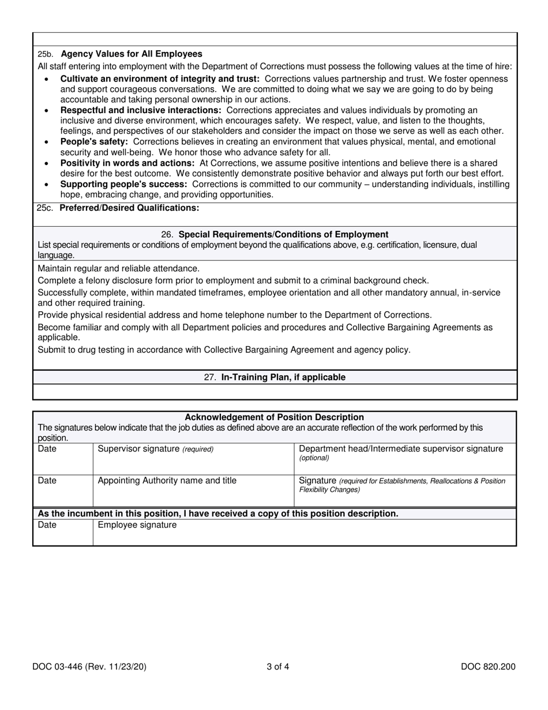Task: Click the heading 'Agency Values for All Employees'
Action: click(x=132, y=54)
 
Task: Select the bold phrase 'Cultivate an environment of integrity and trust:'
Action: click(x=160, y=79)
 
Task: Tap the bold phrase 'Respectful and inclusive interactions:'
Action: click(x=141, y=110)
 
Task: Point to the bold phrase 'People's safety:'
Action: click(x=94, y=141)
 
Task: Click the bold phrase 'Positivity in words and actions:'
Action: click(x=127, y=163)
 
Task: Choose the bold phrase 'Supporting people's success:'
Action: click(x=123, y=184)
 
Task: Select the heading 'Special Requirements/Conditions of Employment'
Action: click(x=283, y=234)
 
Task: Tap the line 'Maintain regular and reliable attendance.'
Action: click(x=119, y=268)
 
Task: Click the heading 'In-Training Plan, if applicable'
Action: click(x=283, y=377)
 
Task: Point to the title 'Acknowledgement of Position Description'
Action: click(x=274, y=417)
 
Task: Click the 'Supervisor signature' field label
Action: click(x=138, y=449)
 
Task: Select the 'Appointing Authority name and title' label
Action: click(x=167, y=480)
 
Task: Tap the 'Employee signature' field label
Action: click(x=137, y=525)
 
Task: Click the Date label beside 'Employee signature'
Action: click(x=47, y=525)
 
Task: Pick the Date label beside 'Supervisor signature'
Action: click(x=47, y=449)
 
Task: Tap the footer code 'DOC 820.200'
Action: click(x=488, y=667)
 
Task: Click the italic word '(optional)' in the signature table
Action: click(x=314, y=458)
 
